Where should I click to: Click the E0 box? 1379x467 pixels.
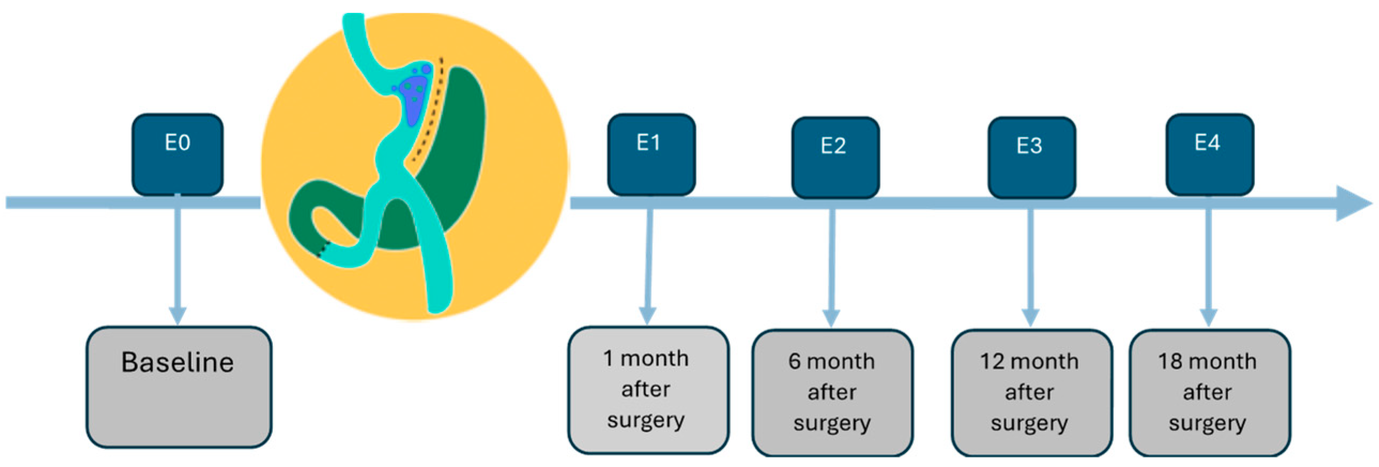pyautogui.click(x=177, y=154)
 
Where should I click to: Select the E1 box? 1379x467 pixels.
pyautogui.click(x=651, y=154)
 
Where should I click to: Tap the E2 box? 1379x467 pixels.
pyautogui.click(x=835, y=157)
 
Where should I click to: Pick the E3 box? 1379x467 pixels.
pyautogui.click(x=1031, y=157)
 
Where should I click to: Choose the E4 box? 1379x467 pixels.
pyautogui.click(x=1209, y=154)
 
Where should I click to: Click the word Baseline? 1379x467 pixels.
pyautogui.click(x=177, y=363)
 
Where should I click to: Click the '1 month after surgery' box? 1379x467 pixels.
pyautogui.click(x=648, y=390)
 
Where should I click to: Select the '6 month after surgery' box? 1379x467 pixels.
pyautogui.click(x=832, y=393)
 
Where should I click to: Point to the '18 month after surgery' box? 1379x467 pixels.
pyautogui.click(x=1209, y=393)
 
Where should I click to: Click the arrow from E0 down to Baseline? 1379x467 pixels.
pyautogui.click(x=177, y=263)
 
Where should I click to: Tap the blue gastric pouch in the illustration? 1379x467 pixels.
pyautogui.click(x=413, y=99)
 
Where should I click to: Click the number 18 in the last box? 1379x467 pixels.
pyautogui.click(x=1170, y=362)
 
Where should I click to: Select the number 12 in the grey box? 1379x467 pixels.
pyautogui.click(x=990, y=362)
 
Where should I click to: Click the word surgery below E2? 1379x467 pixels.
pyautogui.click(x=832, y=424)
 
